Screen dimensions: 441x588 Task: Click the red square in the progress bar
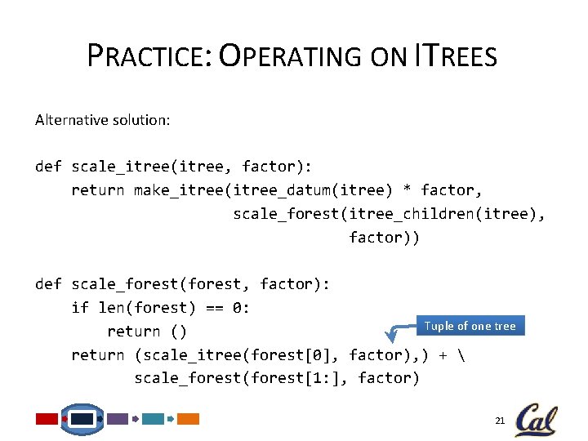(47, 419)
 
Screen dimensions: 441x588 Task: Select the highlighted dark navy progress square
(82, 419)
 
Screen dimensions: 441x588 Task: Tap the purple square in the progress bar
(118, 419)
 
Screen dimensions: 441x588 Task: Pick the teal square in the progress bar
(153, 419)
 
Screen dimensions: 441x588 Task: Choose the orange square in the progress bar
(189, 419)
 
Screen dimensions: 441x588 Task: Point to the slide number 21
(500, 420)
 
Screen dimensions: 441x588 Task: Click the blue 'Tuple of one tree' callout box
(470, 326)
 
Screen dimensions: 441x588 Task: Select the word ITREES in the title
(456, 56)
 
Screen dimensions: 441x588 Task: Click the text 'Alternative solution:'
(103, 120)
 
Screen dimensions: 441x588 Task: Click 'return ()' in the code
(147, 332)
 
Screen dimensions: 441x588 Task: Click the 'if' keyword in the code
(80, 308)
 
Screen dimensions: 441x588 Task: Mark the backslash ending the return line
(474, 355)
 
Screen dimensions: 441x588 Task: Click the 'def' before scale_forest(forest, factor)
(48, 284)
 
